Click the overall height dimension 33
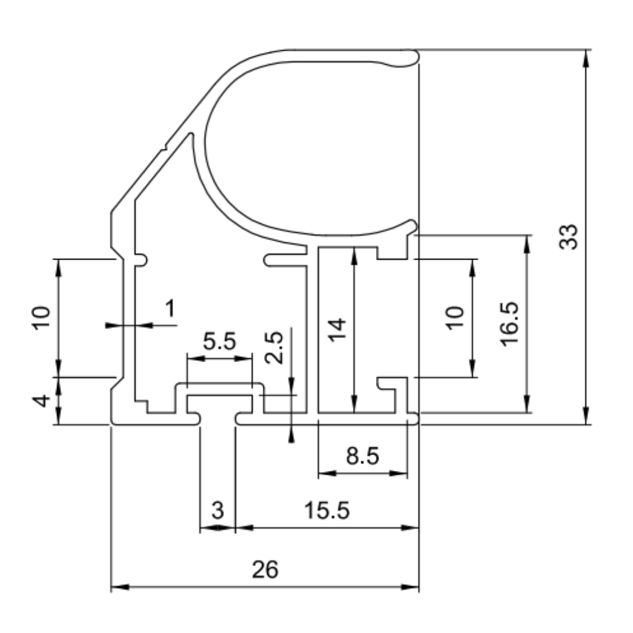[x=568, y=237]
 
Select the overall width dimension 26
[x=265, y=569]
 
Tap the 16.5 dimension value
[x=510, y=323]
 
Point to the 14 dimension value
[x=337, y=330]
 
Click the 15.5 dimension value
[x=327, y=510]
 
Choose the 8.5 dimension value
[x=363, y=456]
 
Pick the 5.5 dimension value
[x=219, y=341]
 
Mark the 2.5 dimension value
[x=275, y=348]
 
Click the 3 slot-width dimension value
[x=218, y=510]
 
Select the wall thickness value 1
[x=171, y=308]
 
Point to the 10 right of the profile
[x=455, y=318]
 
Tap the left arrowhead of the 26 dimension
[x=120, y=587]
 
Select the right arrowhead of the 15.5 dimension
[x=410, y=527]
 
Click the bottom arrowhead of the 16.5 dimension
[x=527, y=404]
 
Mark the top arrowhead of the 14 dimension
[x=354, y=255]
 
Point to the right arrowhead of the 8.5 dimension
[x=398, y=473]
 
